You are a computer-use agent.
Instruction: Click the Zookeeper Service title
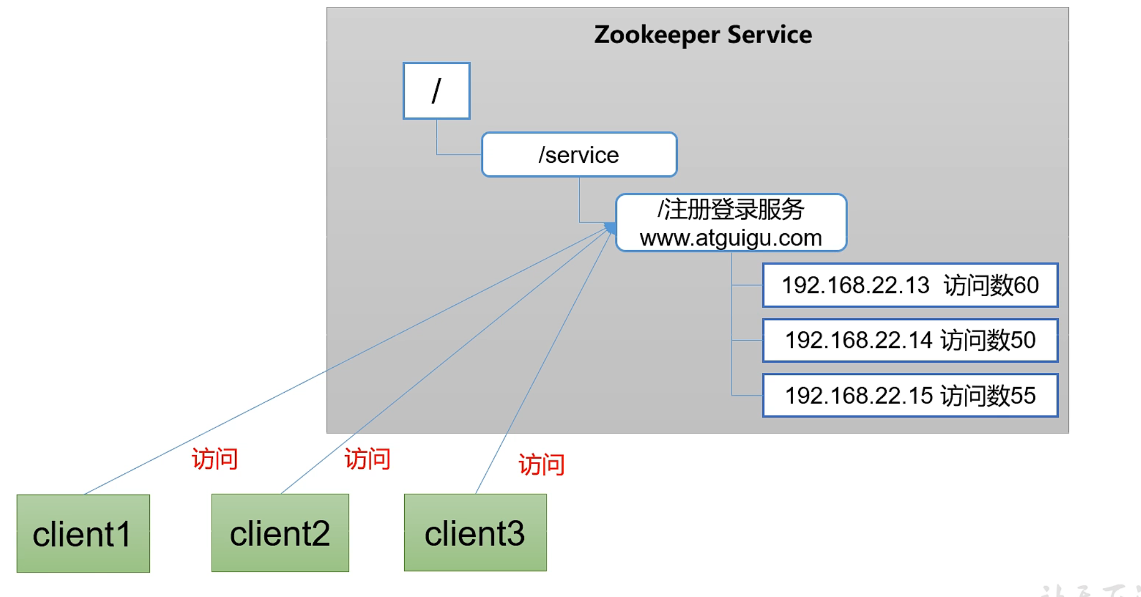click(x=703, y=35)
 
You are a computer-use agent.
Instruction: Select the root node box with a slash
click(x=437, y=91)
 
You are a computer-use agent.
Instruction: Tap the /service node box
click(x=579, y=155)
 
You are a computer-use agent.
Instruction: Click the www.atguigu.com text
click(x=731, y=238)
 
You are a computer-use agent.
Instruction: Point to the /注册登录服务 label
click(x=731, y=209)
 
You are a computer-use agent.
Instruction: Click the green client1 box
click(x=83, y=533)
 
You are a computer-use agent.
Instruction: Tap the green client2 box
click(x=280, y=533)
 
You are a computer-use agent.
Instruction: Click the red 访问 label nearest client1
click(x=215, y=459)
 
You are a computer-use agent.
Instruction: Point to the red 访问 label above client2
click(x=367, y=459)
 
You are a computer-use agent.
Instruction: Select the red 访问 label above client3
click(x=542, y=465)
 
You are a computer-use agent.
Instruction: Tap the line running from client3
click(x=539, y=369)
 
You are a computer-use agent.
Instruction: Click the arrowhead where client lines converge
click(x=611, y=228)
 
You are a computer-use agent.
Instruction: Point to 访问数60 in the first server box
click(x=991, y=285)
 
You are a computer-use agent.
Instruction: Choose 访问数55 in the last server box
click(x=988, y=396)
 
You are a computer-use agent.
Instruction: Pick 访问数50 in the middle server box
click(x=988, y=340)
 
